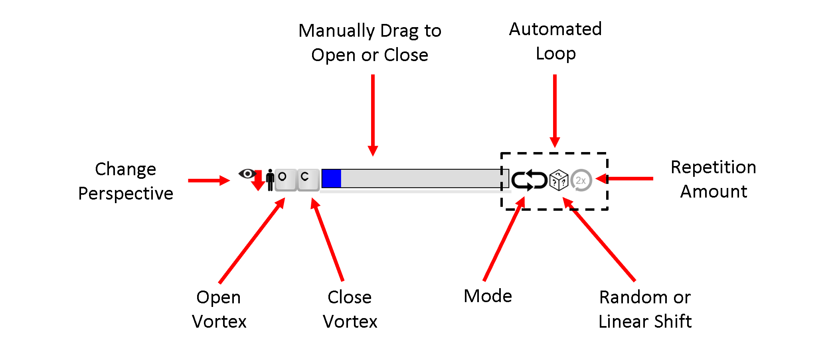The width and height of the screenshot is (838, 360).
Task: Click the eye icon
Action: [x=247, y=174]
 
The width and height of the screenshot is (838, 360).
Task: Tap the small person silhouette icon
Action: [x=270, y=180]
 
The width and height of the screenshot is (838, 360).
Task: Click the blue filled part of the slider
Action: [x=331, y=178]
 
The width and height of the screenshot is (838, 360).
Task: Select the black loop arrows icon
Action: [x=529, y=180]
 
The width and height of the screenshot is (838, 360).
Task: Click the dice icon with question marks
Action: [x=559, y=180]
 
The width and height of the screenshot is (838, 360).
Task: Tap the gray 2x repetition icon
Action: [x=581, y=180]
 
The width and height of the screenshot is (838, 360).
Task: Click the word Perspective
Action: [x=126, y=194]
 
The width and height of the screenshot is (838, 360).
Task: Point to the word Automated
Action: [x=555, y=29]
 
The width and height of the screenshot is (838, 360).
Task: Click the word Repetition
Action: [x=713, y=167]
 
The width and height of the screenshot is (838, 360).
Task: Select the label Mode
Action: [x=488, y=296]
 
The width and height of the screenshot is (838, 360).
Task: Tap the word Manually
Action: [x=336, y=31]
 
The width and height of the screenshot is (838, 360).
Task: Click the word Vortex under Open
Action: [x=219, y=322]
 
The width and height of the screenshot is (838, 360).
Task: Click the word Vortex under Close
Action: [x=350, y=322]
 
